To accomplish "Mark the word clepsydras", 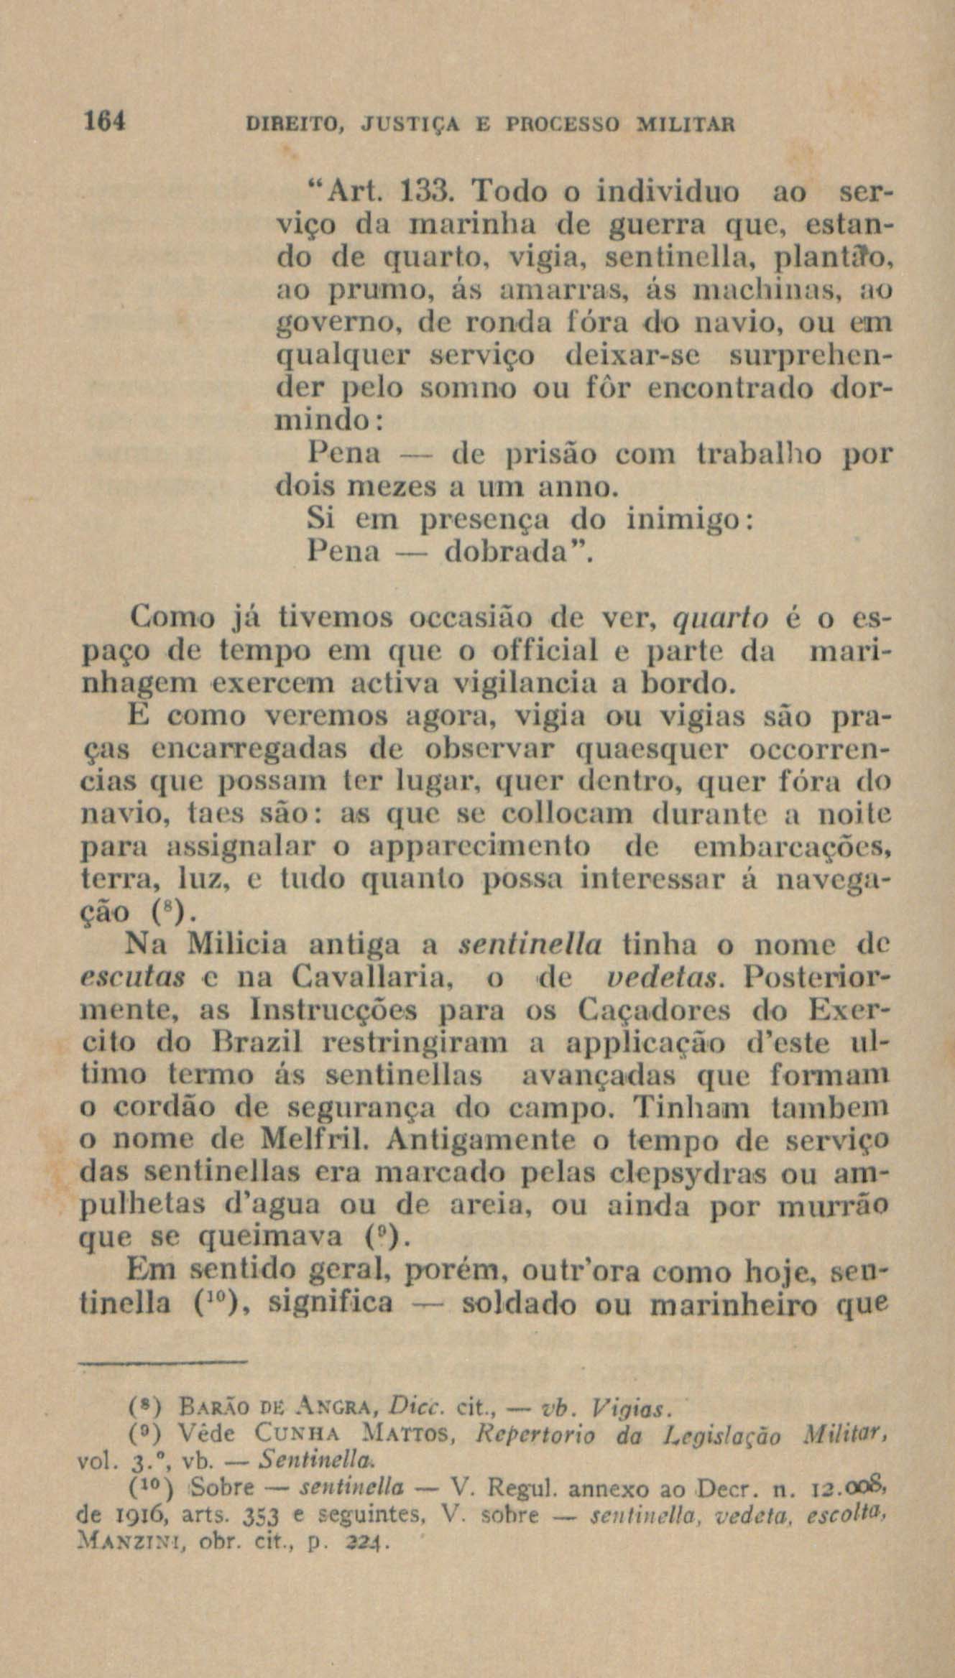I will (x=671, y=1172).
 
